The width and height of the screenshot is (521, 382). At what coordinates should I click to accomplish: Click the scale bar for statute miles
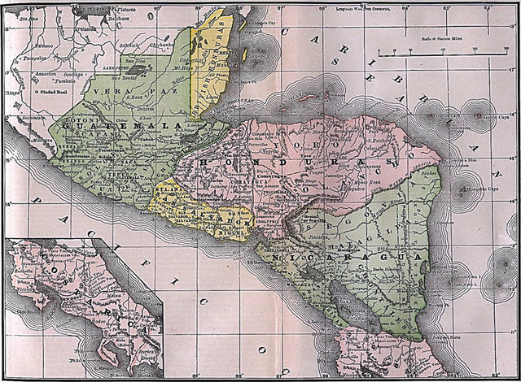440,56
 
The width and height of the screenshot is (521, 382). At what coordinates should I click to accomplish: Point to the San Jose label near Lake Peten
136,61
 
